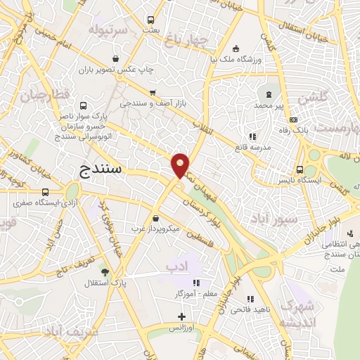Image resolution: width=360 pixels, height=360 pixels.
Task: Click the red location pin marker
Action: pos(181,164)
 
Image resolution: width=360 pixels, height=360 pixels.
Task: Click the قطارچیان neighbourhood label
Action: pos(46,94)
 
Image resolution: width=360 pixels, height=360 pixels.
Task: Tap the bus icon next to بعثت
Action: pos(150,20)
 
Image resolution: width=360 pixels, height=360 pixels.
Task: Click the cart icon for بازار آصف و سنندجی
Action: pos(153,92)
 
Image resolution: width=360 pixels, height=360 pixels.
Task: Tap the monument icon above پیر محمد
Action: pos(268,94)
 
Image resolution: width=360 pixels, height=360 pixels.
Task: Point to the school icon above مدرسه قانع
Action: pos(252,136)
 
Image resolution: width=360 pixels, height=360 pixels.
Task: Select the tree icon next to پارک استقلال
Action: pos(105,272)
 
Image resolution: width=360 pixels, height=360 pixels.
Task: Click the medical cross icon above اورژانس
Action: pos(181,317)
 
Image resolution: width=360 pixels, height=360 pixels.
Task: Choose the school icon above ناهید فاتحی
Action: pos(250,300)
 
